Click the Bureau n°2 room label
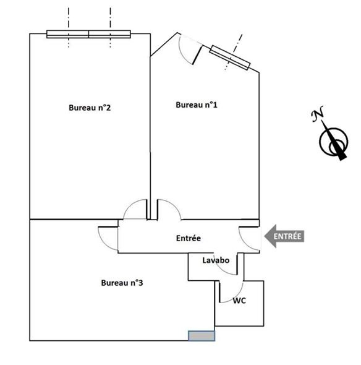click(x=90, y=108)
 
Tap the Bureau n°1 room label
click(x=197, y=105)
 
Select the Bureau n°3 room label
click(x=122, y=283)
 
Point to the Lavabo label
click(x=216, y=260)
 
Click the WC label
click(x=239, y=301)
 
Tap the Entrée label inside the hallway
click(x=189, y=238)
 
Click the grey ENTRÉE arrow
click(x=284, y=236)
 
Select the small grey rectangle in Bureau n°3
click(x=202, y=336)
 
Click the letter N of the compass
click(x=317, y=113)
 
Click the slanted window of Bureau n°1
click(x=230, y=58)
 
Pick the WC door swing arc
click(x=238, y=296)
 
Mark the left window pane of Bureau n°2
click(x=68, y=34)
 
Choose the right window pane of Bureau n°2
click(x=109, y=34)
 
